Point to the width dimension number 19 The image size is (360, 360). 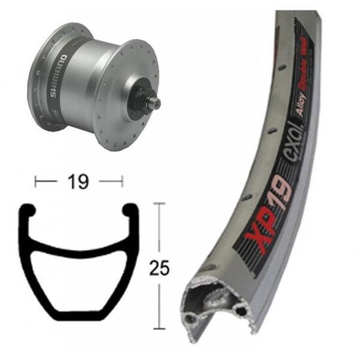[x=79, y=181]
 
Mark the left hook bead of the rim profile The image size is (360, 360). [x=29, y=213]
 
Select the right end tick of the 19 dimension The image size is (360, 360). [x=122, y=181]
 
